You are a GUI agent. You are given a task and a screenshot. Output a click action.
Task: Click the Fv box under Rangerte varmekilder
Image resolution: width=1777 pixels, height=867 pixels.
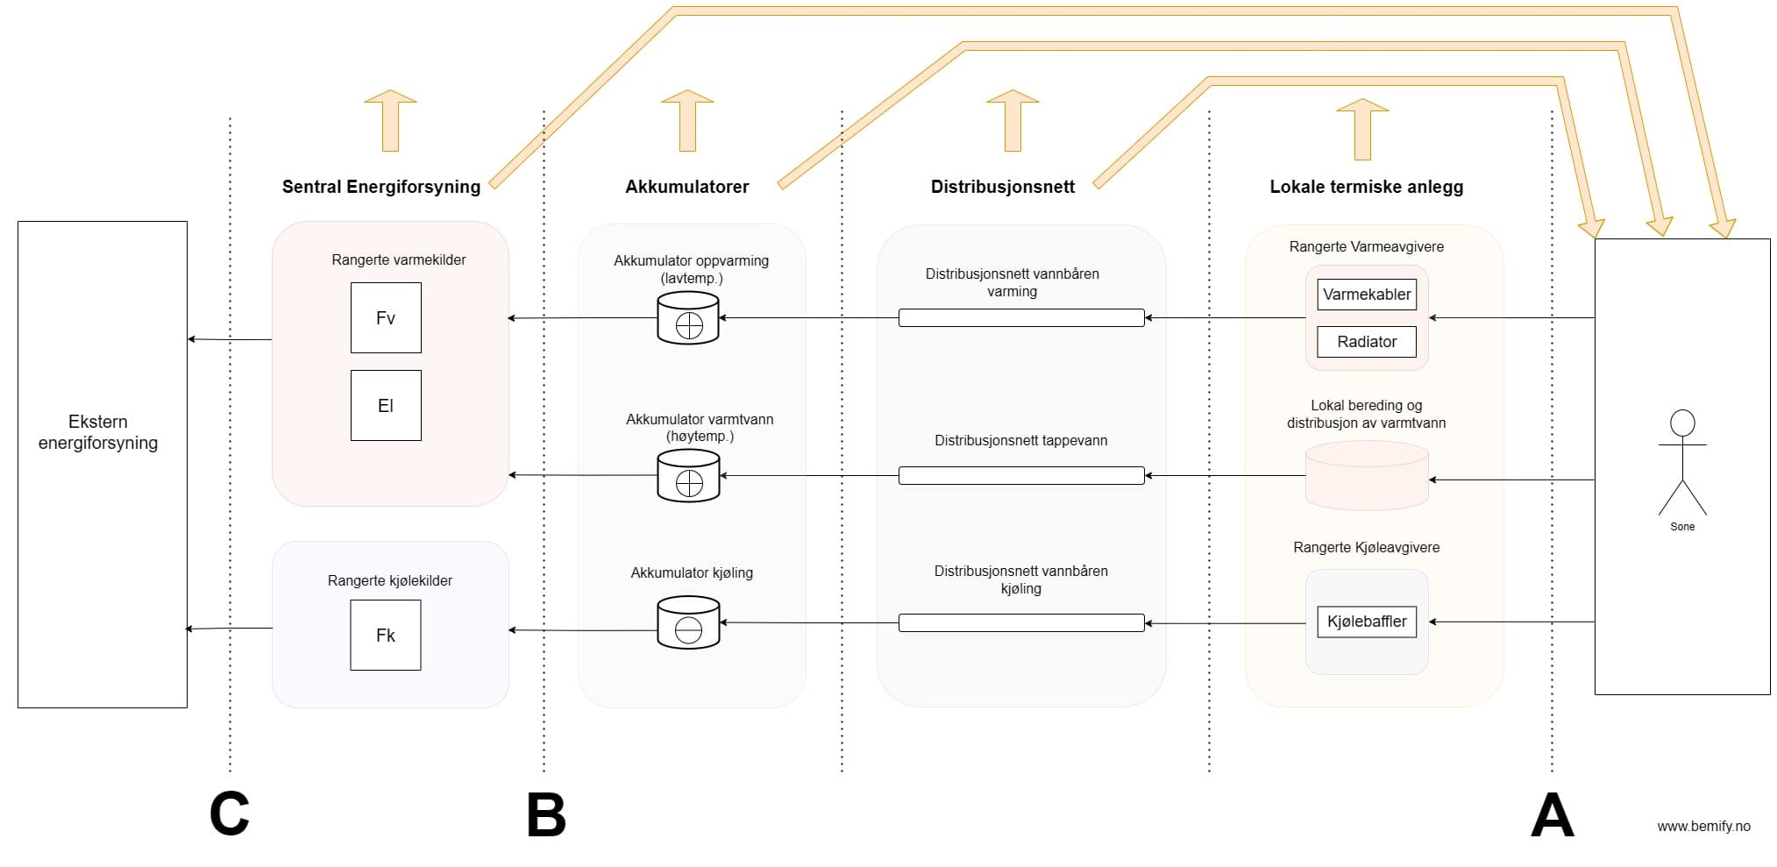(x=386, y=317)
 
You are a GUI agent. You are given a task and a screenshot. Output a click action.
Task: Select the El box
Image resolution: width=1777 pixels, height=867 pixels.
(x=386, y=405)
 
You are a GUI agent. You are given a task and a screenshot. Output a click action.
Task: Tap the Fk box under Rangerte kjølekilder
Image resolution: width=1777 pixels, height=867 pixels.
(x=386, y=635)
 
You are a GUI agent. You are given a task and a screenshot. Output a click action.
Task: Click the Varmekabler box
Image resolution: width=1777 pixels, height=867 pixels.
(x=1366, y=295)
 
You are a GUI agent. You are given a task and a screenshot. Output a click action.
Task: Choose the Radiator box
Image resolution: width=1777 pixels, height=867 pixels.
(x=1366, y=342)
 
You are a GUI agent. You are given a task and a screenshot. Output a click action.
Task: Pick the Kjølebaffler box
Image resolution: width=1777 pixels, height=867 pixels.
(x=1366, y=622)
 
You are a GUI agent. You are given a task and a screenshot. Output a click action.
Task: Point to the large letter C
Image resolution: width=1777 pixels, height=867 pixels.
(x=230, y=814)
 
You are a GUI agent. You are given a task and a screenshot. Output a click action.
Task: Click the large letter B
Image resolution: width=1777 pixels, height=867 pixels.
(x=545, y=815)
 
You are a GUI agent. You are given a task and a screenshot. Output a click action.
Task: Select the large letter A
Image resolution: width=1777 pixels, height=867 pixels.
(x=1552, y=815)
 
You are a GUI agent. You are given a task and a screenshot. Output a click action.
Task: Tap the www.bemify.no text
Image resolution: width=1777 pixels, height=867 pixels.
(x=1702, y=826)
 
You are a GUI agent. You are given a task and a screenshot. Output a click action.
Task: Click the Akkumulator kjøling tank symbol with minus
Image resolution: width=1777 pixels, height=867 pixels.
(x=688, y=622)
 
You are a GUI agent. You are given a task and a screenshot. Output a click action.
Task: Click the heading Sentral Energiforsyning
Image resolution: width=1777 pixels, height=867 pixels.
(x=380, y=187)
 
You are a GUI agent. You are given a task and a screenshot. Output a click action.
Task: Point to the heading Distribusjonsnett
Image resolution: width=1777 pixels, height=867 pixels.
(x=1002, y=187)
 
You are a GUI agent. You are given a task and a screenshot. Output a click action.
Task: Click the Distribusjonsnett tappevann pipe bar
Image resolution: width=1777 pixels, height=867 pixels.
(x=1020, y=475)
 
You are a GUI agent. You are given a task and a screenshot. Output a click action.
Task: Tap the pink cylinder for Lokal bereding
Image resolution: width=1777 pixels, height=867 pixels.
(x=1366, y=475)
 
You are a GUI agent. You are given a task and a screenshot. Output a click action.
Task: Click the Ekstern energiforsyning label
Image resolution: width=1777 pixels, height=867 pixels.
(x=98, y=432)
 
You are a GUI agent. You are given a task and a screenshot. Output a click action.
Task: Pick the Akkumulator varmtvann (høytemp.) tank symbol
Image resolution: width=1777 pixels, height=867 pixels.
(x=688, y=475)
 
